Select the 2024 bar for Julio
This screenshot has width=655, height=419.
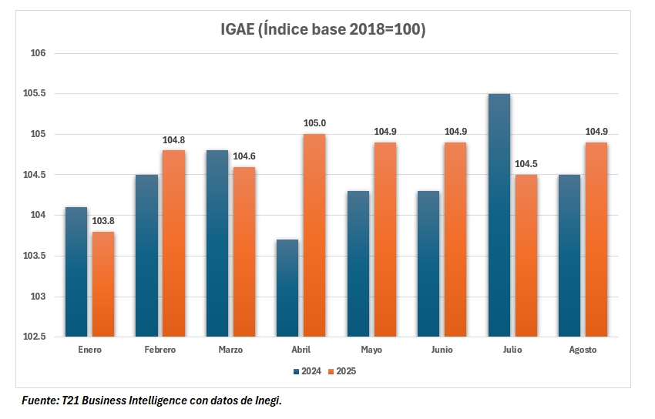[499, 216]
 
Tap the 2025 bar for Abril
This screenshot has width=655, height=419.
[314, 235]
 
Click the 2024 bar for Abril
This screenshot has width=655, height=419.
[287, 288]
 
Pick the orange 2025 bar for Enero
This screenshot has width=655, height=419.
[102, 284]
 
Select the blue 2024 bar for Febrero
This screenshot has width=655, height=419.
[146, 256]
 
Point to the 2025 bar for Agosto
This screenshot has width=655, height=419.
[596, 240]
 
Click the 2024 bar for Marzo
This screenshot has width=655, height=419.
[217, 243]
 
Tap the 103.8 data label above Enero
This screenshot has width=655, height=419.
[102, 221]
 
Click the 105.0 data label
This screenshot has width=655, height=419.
[314, 123]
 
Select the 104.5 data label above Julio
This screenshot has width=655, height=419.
[526, 164]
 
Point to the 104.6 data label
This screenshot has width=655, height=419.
[244, 156]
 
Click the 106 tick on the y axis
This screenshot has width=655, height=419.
[39, 53]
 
